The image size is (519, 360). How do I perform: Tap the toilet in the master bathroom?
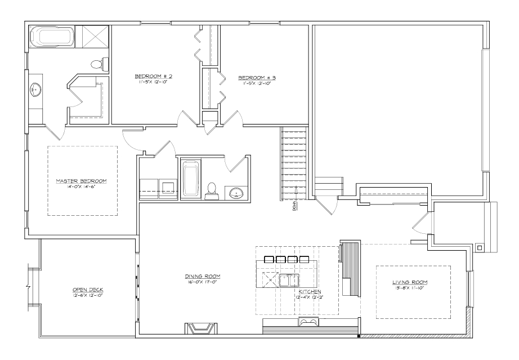pos(97,64)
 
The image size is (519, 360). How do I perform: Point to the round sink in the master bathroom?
pos(35,88)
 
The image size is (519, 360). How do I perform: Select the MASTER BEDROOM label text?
pos(81,181)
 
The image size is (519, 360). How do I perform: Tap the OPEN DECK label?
pos(87,290)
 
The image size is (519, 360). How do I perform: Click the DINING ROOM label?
pos(202,276)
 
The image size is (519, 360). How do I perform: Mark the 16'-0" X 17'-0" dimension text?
pos(202,282)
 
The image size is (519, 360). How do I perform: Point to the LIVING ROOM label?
pos(410,282)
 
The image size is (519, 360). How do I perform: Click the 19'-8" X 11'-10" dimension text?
pos(410,287)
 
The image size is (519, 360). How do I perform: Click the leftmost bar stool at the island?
pos(267,260)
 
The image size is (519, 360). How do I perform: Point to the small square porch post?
pos(478,247)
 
